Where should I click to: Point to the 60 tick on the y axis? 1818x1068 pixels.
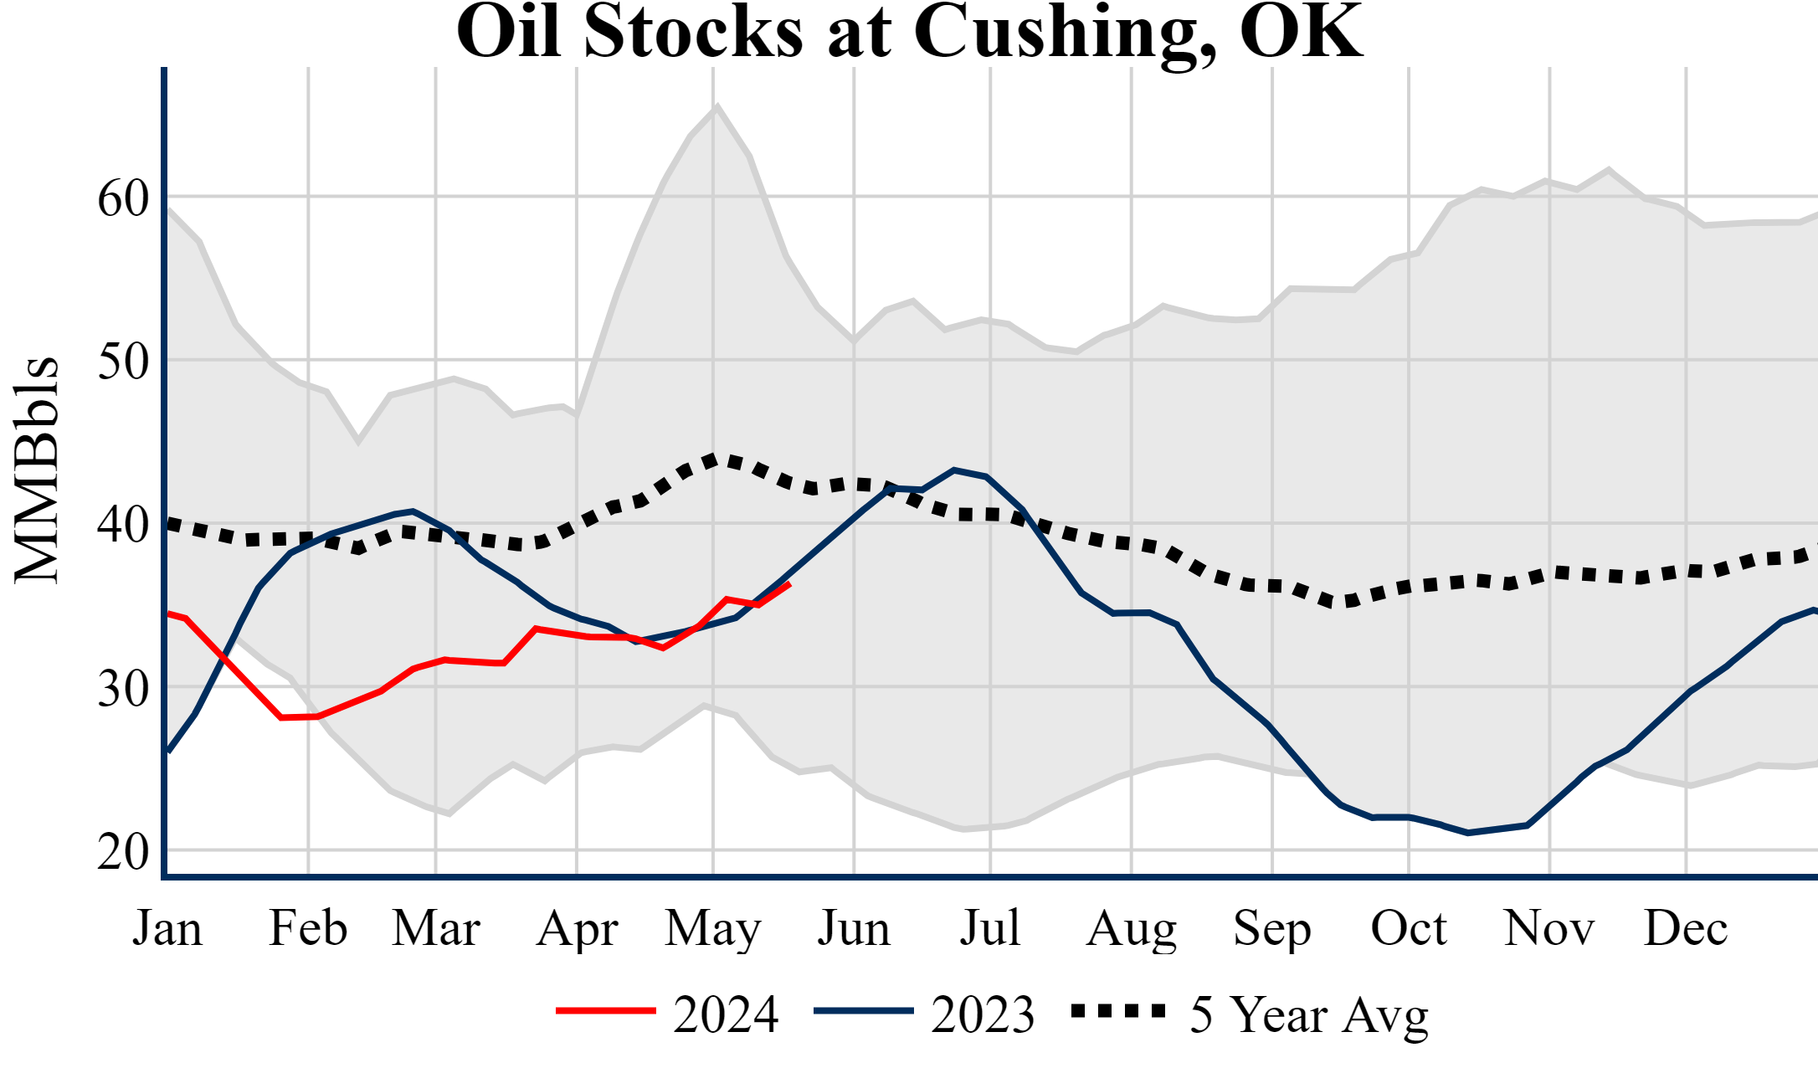point(123,199)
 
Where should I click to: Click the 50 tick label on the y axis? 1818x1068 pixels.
point(123,362)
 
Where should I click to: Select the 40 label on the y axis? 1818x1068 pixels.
point(123,526)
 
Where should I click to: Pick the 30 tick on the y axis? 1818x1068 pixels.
point(123,689)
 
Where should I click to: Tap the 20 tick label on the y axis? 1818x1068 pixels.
point(123,852)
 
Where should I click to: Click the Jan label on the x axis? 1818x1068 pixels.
point(167,929)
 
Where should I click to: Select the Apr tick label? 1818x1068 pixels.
point(577,929)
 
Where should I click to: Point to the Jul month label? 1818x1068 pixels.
point(990,929)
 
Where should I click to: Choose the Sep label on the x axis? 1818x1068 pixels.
point(1271,929)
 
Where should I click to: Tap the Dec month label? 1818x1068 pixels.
point(1685,929)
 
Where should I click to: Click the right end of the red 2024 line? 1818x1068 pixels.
point(789,584)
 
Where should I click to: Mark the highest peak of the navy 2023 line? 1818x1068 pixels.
point(954,470)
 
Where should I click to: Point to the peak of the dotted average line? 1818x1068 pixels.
point(713,459)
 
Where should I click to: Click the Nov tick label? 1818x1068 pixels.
point(1549,929)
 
